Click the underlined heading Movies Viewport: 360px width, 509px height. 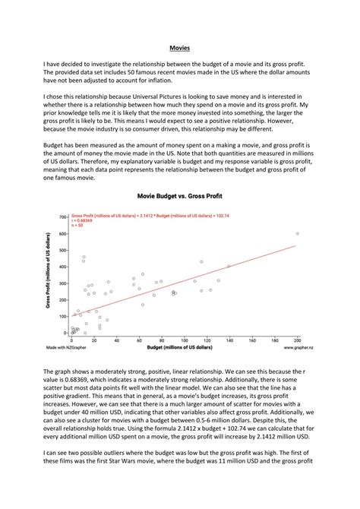click(x=179, y=48)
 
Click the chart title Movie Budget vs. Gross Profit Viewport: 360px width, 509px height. click(x=179, y=195)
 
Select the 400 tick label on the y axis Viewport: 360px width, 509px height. click(x=64, y=267)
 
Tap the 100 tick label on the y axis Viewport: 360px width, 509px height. click(x=64, y=316)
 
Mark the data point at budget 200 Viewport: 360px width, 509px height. click(x=297, y=234)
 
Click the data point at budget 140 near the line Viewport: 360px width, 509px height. click(x=229, y=267)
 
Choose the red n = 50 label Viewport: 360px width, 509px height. click(x=79, y=226)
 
